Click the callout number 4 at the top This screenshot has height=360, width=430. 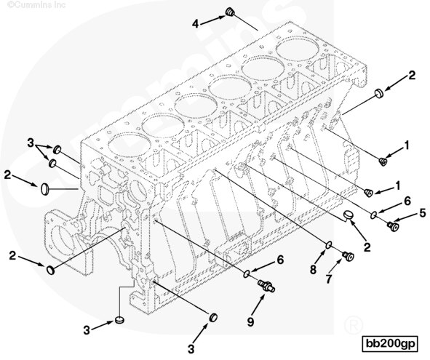tap(195, 24)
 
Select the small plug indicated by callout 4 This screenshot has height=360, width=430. tap(230, 12)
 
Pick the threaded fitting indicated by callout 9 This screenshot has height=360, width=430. tap(266, 285)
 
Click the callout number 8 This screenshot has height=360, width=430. tap(313, 270)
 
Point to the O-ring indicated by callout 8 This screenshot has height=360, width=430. tap(329, 245)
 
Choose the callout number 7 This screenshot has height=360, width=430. tap(329, 279)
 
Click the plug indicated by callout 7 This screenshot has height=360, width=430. tap(348, 256)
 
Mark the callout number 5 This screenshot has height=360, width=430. tap(422, 213)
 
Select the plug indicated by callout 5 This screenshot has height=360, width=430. tap(393, 226)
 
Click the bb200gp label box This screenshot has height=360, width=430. tap(390, 343)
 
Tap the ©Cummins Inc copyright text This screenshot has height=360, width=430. tap(36, 4)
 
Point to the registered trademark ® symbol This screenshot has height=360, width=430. tap(353, 324)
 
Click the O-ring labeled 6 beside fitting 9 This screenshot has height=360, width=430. tap(247, 273)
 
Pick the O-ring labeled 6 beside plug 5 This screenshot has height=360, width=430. tap(373, 215)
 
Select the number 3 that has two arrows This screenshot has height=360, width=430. tap(31, 143)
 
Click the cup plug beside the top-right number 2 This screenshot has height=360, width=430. tap(379, 93)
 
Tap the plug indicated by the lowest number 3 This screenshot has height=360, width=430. tap(213, 318)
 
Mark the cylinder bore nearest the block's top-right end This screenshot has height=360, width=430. tap(298, 49)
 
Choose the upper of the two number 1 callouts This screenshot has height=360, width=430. tap(407, 145)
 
